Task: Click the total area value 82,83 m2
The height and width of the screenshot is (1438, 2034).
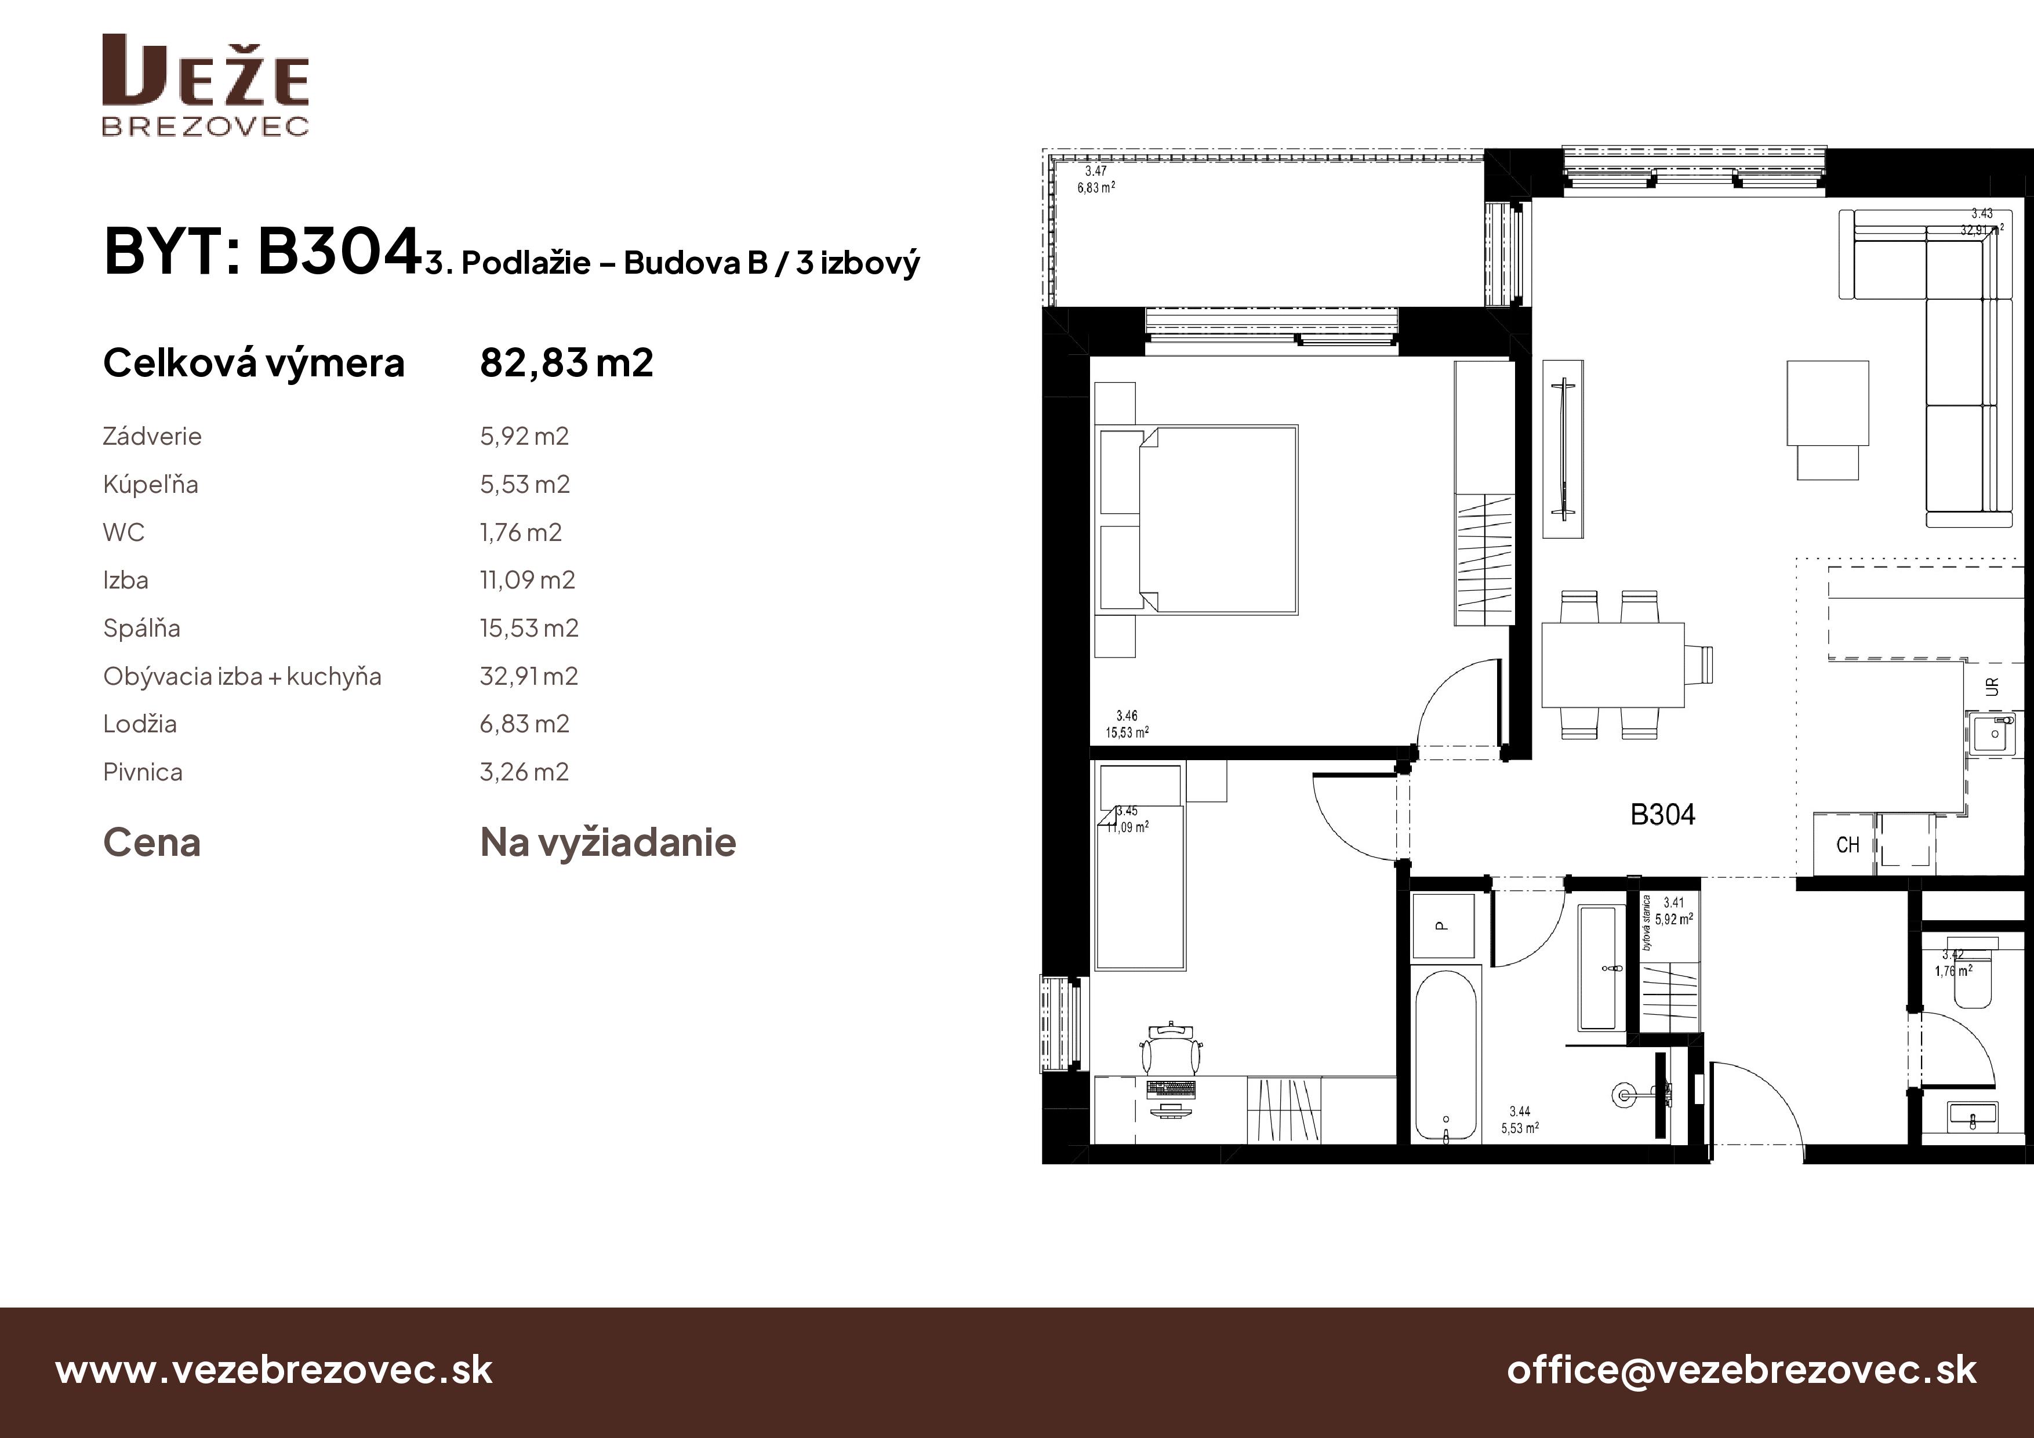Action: pos(566,363)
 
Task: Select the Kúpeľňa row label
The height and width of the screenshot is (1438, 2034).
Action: pos(151,485)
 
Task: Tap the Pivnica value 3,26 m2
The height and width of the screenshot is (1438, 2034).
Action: pos(524,772)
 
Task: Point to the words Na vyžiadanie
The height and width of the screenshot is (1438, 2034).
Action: pos(608,843)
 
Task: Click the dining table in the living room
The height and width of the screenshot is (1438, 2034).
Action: pos(1612,664)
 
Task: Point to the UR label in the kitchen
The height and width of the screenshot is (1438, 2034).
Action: pos(1992,687)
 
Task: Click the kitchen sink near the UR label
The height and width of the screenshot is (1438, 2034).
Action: pos(1994,733)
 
